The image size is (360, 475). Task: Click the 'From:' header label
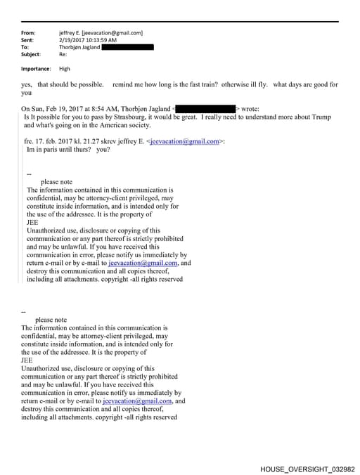(x=28, y=33)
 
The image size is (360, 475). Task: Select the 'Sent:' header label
(x=28, y=40)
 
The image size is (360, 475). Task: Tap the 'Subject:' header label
(x=31, y=54)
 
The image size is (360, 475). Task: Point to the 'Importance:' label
(x=36, y=69)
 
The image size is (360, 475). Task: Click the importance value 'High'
(x=65, y=69)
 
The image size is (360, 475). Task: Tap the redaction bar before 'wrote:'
(x=205, y=109)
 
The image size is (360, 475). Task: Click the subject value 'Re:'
(x=63, y=54)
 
